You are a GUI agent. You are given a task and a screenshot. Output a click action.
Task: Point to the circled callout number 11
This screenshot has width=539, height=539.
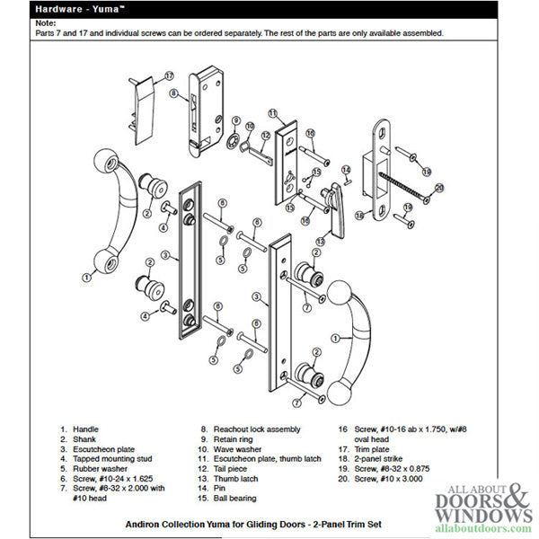click(x=272, y=114)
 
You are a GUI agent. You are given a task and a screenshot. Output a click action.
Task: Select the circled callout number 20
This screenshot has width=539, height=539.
click(x=440, y=188)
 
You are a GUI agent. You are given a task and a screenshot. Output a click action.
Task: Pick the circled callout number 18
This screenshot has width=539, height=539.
click(x=358, y=216)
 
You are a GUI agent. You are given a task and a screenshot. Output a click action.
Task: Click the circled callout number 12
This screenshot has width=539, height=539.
click(x=265, y=137)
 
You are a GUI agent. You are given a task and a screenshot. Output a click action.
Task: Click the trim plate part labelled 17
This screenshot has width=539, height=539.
click(x=142, y=108)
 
